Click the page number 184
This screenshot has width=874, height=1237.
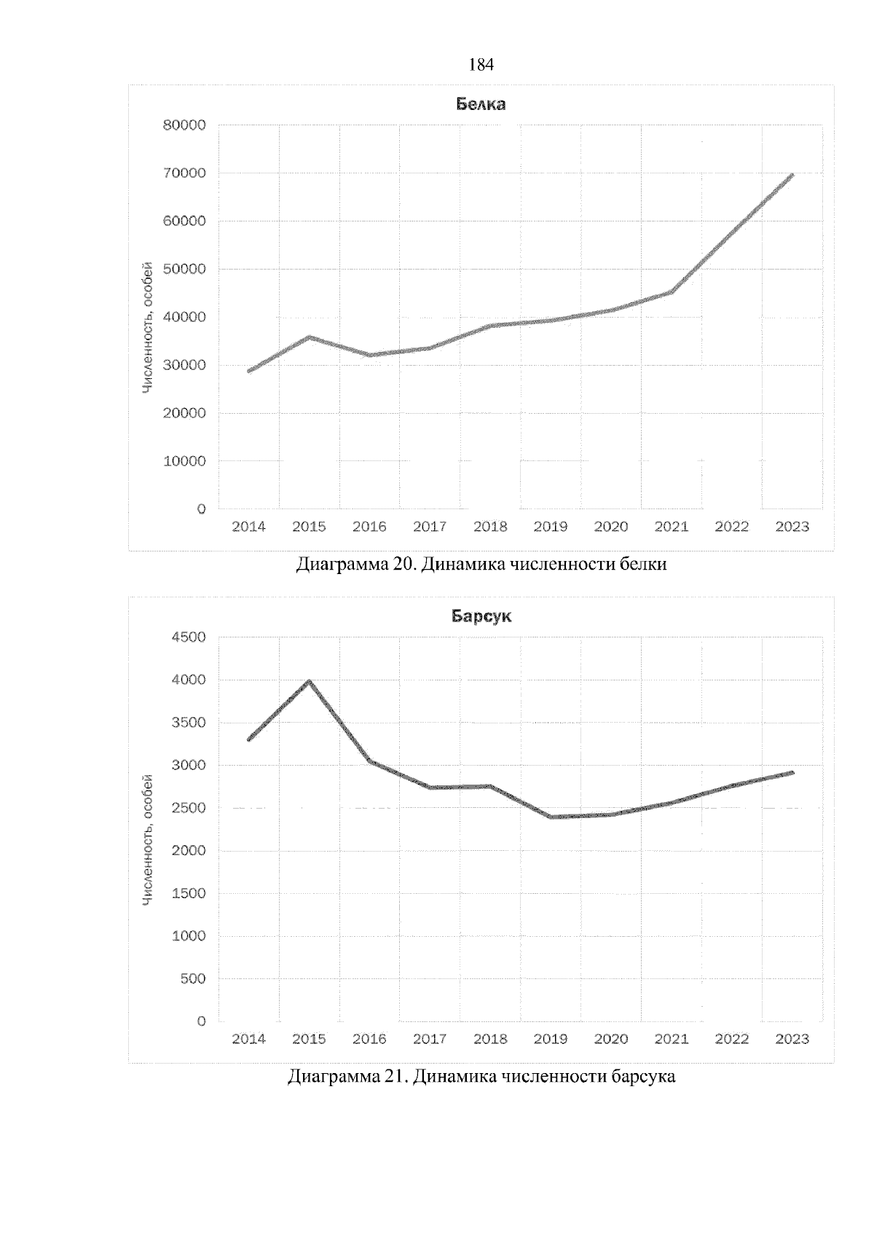point(481,66)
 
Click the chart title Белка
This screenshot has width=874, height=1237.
point(481,104)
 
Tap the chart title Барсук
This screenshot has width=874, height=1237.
point(481,616)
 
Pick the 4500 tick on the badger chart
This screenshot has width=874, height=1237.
point(189,637)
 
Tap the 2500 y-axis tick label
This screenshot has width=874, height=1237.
point(189,808)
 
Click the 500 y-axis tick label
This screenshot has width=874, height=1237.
point(192,978)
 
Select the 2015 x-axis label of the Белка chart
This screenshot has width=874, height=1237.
point(309,527)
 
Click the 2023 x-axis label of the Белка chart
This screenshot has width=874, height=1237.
point(792,527)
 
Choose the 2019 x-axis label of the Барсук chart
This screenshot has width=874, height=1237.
point(551,1039)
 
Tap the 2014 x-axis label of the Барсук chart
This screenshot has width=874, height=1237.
point(248,1039)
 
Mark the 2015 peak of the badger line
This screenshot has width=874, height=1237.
point(309,682)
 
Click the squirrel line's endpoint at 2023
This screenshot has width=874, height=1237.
point(792,175)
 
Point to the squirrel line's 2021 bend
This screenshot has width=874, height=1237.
point(671,292)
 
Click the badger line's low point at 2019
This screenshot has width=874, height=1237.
point(551,817)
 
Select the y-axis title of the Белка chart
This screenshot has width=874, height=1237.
point(148,328)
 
